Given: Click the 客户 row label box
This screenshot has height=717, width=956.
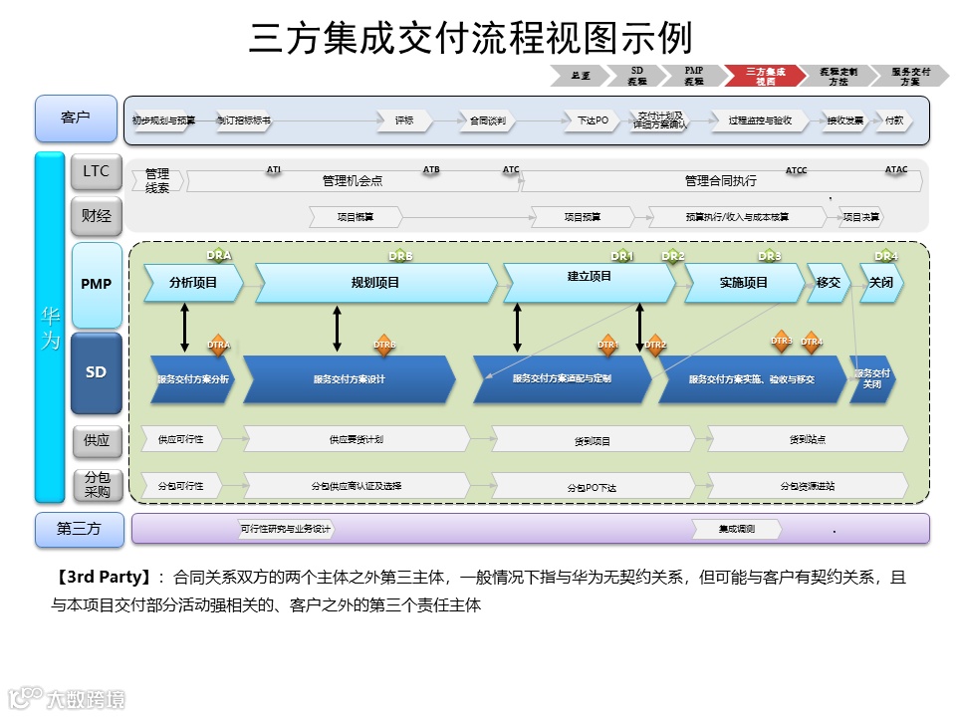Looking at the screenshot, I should point(76,119).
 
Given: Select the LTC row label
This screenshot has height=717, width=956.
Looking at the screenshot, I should point(96,172).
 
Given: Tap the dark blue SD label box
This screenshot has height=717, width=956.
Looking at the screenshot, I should point(96,372).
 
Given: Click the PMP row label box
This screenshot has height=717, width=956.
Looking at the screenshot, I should point(96,285).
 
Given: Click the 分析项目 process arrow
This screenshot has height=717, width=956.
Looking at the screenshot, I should point(193,283).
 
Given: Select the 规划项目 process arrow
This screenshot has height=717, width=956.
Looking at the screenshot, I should point(375,283).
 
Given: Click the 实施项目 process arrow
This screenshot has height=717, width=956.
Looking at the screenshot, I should point(743,283).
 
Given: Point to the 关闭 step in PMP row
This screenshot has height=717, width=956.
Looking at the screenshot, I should point(881,283).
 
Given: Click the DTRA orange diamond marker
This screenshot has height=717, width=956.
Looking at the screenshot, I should point(218,346).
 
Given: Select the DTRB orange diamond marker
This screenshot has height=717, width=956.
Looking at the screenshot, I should point(384,346).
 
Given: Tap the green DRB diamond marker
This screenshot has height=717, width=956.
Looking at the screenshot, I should point(400,257).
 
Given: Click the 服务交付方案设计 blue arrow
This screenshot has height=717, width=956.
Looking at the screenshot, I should point(349,379).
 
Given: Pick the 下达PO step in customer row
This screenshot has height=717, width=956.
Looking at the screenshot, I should point(593,120).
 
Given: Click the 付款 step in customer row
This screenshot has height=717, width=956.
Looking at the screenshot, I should point(894,120).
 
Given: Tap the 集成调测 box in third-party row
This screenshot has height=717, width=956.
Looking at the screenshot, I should point(737,529).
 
